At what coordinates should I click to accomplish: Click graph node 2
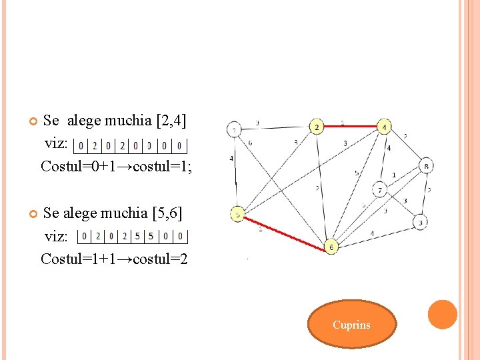click(x=317, y=126)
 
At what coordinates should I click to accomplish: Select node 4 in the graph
click(x=385, y=126)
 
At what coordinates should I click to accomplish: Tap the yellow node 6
click(x=331, y=247)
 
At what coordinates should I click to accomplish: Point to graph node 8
click(x=427, y=166)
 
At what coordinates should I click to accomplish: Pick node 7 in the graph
click(x=380, y=190)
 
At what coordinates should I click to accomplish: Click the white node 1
click(x=234, y=129)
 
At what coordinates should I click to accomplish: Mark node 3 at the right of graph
click(x=420, y=222)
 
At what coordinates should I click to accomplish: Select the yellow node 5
click(x=238, y=214)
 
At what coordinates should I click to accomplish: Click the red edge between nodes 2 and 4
click(x=351, y=125)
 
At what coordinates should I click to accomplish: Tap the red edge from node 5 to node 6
click(x=285, y=231)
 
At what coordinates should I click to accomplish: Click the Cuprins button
click(x=351, y=325)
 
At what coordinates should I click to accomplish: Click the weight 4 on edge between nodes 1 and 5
click(x=231, y=159)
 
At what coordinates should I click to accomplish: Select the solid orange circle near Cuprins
click(x=442, y=315)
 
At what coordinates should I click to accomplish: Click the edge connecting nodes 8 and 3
click(x=424, y=194)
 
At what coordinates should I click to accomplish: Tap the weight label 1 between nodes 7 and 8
click(x=393, y=175)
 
